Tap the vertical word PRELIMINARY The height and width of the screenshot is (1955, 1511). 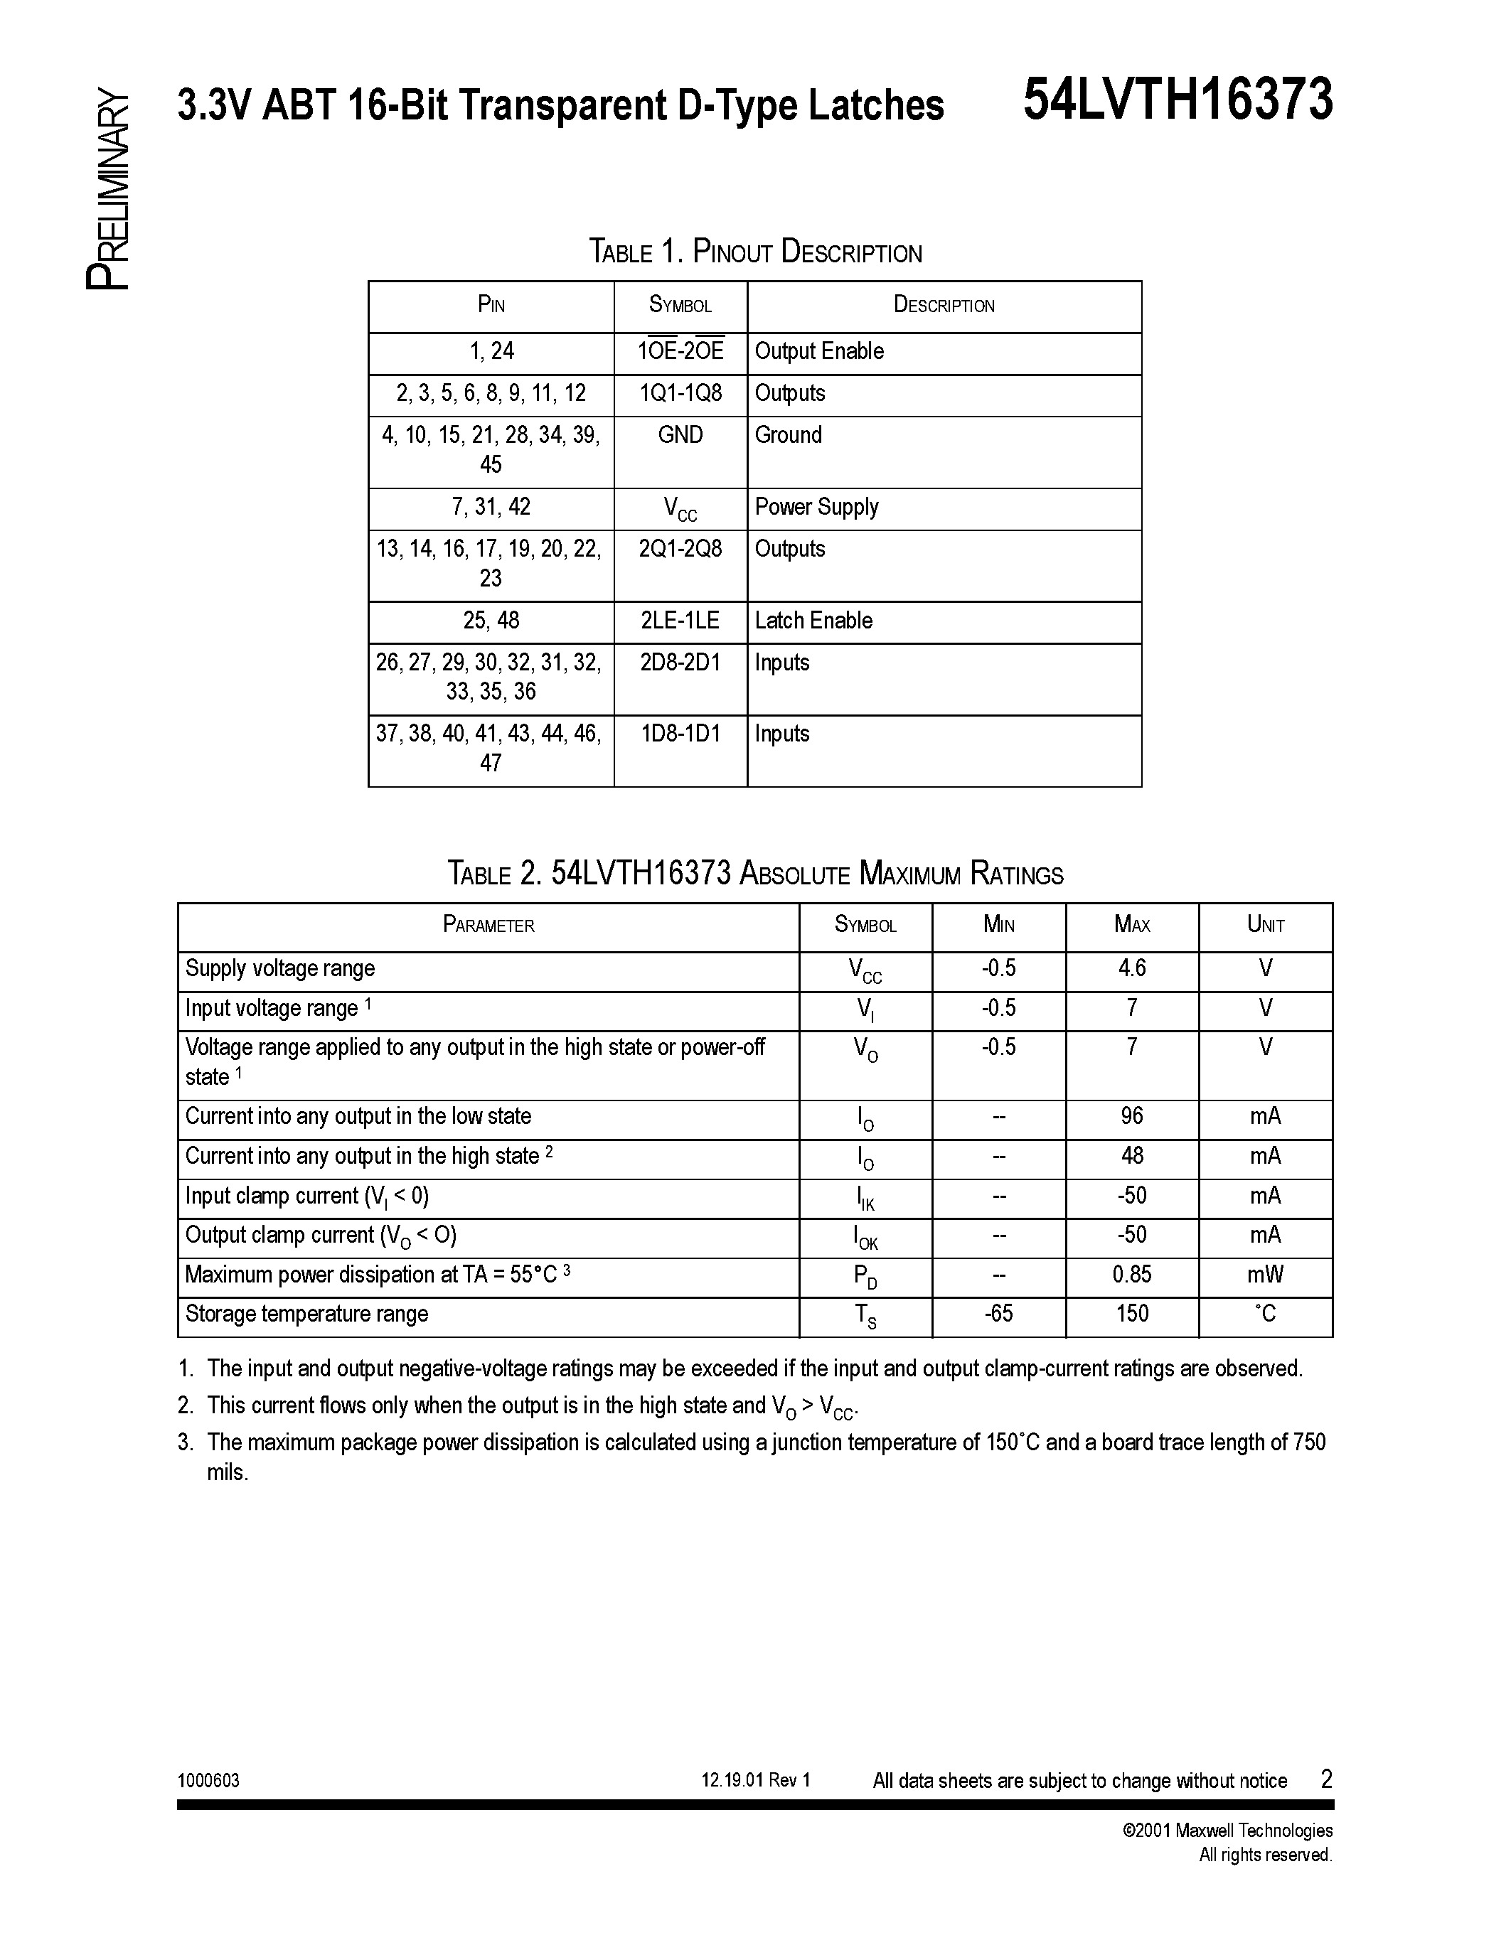click(x=108, y=190)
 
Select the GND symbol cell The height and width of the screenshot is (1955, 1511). click(x=680, y=435)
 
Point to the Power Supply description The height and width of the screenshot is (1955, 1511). click(x=816, y=507)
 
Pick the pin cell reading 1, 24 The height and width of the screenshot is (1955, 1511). click(x=491, y=351)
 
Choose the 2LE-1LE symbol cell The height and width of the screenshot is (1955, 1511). click(x=680, y=621)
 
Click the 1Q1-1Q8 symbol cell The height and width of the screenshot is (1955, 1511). click(x=680, y=393)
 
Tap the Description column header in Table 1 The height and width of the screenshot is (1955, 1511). click(x=944, y=305)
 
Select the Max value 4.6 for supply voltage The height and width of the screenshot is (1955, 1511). click(x=1131, y=968)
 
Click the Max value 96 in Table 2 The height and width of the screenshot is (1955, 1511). click(x=1131, y=1116)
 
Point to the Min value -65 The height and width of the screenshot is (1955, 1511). click(x=998, y=1313)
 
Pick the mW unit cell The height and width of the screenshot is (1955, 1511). click(x=1265, y=1274)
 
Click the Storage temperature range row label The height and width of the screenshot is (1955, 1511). click(x=307, y=1313)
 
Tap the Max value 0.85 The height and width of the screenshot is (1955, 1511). click(x=1131, y=1274)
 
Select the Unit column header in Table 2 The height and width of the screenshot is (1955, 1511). click(x=1265, y=925)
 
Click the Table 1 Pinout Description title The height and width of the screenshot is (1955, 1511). click(x=754, y=252)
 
